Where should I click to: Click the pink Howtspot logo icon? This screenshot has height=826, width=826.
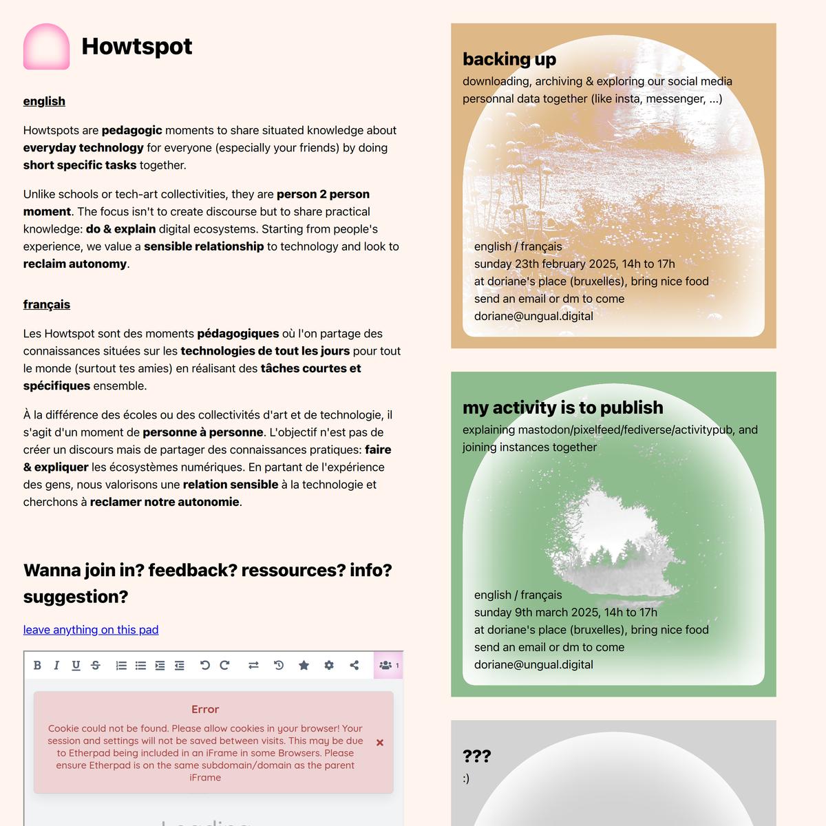coord(46,47)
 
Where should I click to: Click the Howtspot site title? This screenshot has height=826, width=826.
coord(136,46)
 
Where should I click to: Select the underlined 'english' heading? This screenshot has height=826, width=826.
coord(44,101)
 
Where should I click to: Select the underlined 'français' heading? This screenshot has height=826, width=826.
coord(47,304)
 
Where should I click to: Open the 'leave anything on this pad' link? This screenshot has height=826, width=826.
coord(91,630)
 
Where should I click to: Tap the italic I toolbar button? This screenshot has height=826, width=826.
coord(56,665)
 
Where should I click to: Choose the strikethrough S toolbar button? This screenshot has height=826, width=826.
coord(96,665)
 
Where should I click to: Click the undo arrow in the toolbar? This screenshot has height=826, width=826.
coord(204,665)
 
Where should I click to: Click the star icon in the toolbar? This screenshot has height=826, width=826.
coord(304,665)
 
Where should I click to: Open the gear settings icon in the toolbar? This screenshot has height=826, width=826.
coord(329,665)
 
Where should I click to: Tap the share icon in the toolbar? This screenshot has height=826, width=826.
coord(354,665)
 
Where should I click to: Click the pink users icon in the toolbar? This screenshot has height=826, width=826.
coord(386,665)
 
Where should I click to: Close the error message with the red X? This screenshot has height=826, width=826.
coord(380,743)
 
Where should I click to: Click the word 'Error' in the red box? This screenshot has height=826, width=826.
coord(205,709)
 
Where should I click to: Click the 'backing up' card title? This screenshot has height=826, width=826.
coord(509,59)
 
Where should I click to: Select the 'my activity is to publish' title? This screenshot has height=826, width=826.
coord(562,407)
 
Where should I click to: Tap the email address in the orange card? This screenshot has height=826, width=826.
coord(533,316)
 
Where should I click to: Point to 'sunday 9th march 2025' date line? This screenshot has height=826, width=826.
coord(565,612)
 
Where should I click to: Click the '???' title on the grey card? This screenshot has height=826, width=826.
coord(476,756)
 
